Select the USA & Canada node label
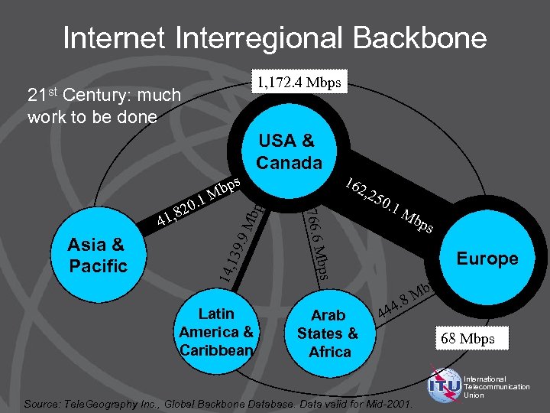tap(289, 151)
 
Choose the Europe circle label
tap(487, 259)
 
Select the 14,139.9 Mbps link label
tap(239, 240)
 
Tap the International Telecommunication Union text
tap(496, 387)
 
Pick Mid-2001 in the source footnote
tap(389, 403)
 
